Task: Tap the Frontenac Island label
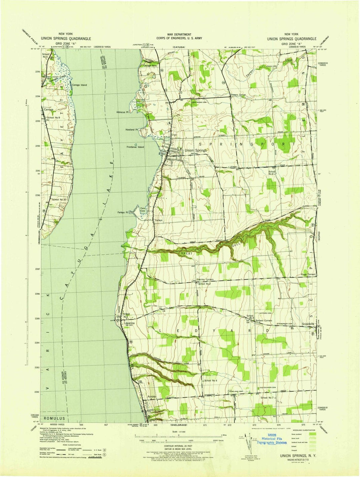(135, 147)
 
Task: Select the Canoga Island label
(79, 85)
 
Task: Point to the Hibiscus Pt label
(122, 112)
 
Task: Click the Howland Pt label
(132, 129)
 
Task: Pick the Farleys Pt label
(123, 212)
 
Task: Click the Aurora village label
(151, 397)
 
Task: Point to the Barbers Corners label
(264, 320)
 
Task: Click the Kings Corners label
(308, 274)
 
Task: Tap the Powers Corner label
(238, 95)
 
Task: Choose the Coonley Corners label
(205, 279)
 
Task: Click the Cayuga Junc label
(150, 66)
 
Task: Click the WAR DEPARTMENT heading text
(180, 34)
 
